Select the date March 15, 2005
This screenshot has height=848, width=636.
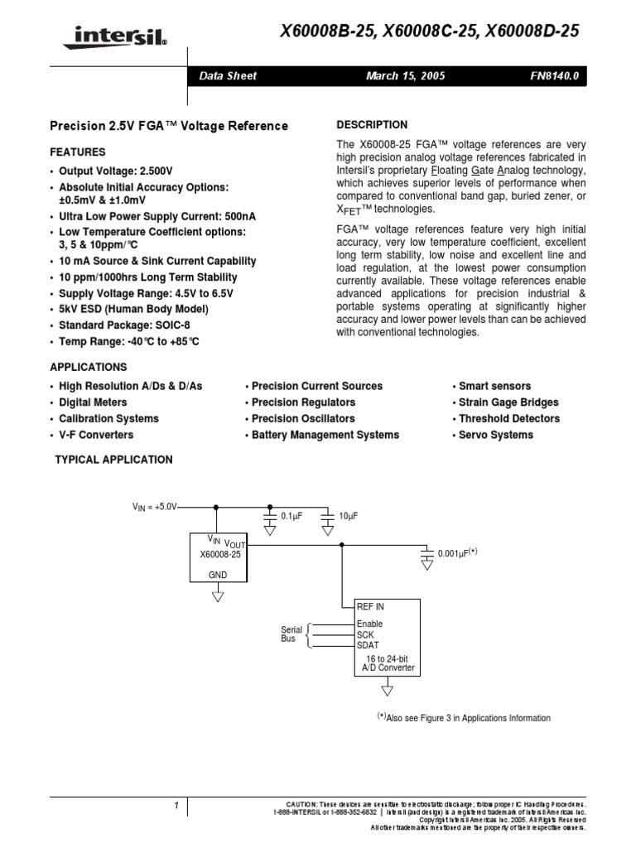405,76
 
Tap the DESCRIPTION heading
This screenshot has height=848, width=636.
372,125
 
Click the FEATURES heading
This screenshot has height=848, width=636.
78,152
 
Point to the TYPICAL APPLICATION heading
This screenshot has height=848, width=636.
113,460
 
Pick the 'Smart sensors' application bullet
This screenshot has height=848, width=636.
494,386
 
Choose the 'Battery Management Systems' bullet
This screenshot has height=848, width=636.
325,435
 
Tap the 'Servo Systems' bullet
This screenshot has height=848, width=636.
495,435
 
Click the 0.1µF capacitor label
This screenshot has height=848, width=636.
291,516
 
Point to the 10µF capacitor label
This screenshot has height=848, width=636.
348,516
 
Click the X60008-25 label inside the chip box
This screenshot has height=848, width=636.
219,555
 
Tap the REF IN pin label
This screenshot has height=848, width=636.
370,607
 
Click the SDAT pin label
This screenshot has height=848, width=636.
369,644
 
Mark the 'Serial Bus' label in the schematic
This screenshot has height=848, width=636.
291,635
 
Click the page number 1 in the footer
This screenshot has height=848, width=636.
176,805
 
